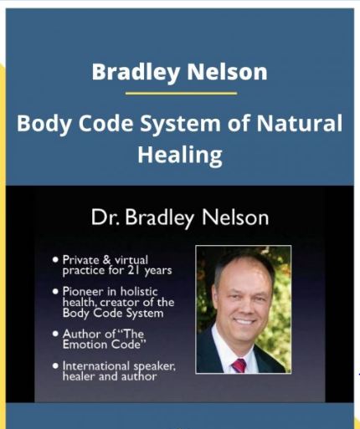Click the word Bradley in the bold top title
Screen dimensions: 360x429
point(136,72)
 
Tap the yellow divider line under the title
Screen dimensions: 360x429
point(181,93)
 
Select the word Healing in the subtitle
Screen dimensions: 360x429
point(180,155)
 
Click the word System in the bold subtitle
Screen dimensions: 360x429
point(180,124)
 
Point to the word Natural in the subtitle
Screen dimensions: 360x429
point(300,123)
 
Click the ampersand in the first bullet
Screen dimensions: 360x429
point(107,260)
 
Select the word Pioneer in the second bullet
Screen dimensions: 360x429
point(83,292)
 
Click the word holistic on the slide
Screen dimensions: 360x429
point(139,292)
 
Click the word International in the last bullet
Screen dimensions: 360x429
point(96,365)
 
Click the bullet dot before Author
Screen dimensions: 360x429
point(55,334)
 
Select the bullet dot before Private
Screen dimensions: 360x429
point(55,260)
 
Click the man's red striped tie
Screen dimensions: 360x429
point(239,365)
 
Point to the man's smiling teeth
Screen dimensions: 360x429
point(244,321)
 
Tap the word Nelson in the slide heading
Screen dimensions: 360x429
point(235,217)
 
